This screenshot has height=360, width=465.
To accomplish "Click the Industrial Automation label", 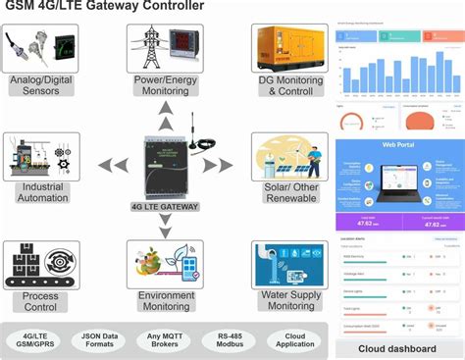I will [x=39, y=191].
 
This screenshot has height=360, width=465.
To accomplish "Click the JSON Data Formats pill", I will [x=98, y=339].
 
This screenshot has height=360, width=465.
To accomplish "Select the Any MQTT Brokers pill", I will [x=164, y=339].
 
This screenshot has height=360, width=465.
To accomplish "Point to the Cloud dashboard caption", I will [x=398, y=349].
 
